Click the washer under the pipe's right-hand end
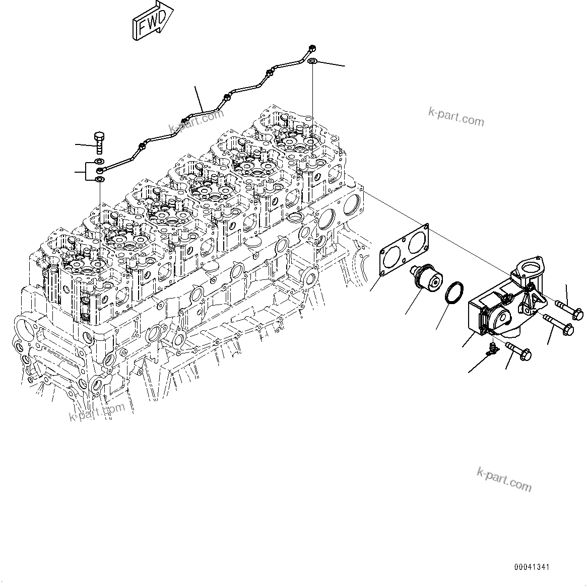[x=312, y=61]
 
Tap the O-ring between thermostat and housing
[x=454, y=294]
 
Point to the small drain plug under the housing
[x=492, y=348]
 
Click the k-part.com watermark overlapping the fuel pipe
[x=197, y=121]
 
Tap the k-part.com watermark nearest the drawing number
[x=503, y=479]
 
